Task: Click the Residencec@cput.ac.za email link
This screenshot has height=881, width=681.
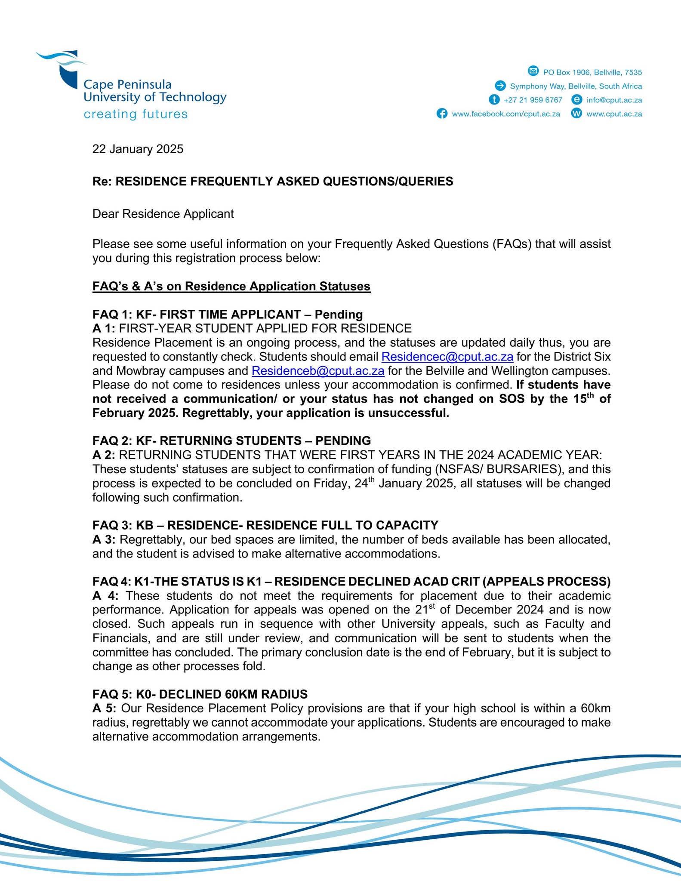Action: (447, 357)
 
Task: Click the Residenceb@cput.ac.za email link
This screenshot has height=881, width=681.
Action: (317, 371)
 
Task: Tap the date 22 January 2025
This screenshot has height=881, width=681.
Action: (138, 149)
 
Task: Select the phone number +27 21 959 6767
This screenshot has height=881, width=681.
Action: (533, 100)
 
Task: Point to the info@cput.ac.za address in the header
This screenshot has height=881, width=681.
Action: (614, 100)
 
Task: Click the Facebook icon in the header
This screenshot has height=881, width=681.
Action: (442, 114)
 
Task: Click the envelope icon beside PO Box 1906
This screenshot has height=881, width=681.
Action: (533, 71)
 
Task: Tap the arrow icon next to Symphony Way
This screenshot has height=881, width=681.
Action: (500, 86)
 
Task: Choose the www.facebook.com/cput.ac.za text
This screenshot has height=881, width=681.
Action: (505, 114)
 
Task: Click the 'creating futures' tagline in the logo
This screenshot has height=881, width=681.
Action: (136, 114)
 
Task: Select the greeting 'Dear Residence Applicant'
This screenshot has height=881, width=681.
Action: (163, 214)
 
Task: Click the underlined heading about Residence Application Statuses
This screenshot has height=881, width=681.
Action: (231, 286)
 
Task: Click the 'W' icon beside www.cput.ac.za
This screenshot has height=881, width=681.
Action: (576, 114)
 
